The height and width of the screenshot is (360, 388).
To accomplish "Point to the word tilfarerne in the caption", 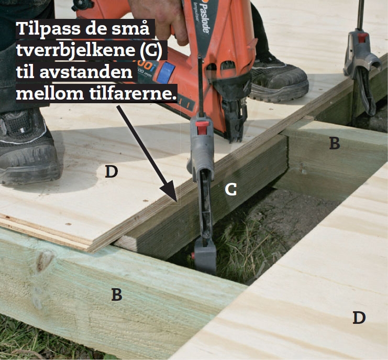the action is (x=133, y=93).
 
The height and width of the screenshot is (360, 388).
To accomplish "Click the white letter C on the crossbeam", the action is (x=230, y=190).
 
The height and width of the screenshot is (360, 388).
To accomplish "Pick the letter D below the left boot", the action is (x=111, y=171).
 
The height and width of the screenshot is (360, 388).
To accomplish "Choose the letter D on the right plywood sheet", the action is (x=359, y=318).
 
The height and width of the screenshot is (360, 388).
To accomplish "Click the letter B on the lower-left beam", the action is (x=117, y=294).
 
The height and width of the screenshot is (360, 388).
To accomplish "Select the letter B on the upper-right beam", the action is (x=334, y=143).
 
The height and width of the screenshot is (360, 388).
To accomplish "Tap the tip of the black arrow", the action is (x=176, y=201).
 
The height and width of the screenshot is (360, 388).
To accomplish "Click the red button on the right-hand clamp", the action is (x=362, y=38).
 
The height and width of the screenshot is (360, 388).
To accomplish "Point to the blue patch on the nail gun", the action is (x=165, y=72).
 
